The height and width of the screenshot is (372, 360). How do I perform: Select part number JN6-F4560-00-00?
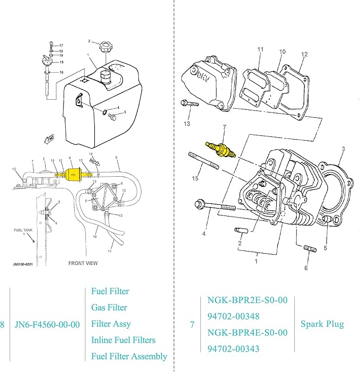[47, 324]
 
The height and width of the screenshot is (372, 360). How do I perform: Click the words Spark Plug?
[322, 324]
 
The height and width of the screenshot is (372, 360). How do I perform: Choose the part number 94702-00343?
[233, 349]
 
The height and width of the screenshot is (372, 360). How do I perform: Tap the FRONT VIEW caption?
[83, 263]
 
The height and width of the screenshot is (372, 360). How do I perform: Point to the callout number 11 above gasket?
[260, 50]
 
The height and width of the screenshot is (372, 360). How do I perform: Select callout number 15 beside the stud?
[195, 178]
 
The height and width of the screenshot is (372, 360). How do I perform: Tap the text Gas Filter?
[109, 308]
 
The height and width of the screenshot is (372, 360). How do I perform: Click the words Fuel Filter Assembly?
[129, 357]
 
